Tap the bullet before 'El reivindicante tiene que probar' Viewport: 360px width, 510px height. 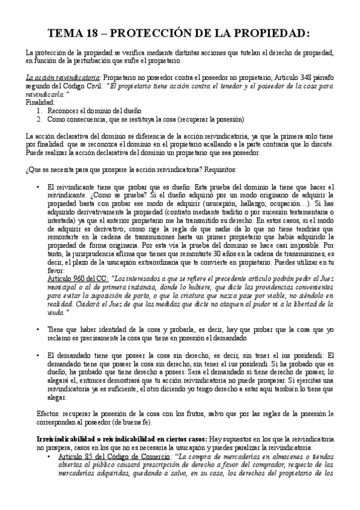(38, 187)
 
